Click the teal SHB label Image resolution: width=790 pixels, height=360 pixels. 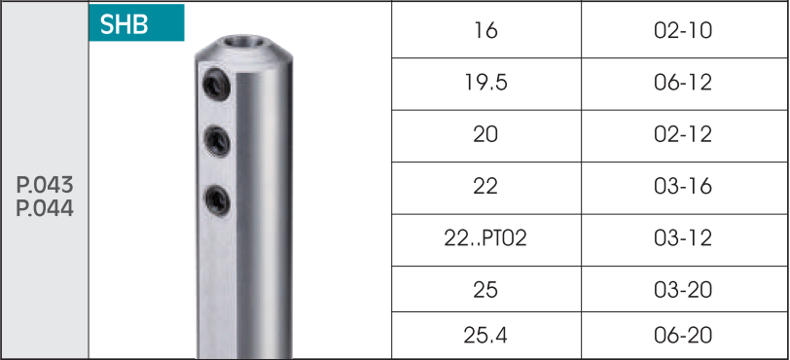pos(136,22)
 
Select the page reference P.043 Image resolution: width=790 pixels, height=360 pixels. pos(45,186)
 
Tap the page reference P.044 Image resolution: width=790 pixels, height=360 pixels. pos(45,208)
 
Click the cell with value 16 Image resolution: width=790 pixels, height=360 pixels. pos(486,30)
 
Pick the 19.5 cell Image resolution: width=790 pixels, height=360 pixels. pos(486,83)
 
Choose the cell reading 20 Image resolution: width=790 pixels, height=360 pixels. pos(486,134)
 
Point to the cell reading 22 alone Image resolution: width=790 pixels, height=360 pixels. pos(486,187)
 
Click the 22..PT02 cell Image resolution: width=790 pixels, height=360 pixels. pos(486,238)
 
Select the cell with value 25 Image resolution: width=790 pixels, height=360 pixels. pos(486,290)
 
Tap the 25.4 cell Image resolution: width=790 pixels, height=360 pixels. pos(486,336)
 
